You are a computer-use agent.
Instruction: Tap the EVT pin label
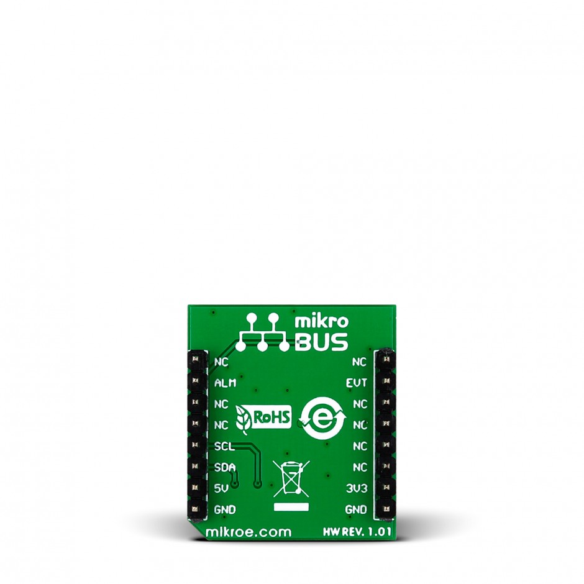(357, 383)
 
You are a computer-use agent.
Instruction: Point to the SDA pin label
(223, 467)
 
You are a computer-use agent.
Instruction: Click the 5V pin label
(220, 488)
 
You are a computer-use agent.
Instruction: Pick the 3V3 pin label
(357, 488)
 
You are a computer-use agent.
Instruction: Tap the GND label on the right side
(356, 509)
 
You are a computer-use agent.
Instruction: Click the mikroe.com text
(248, 532)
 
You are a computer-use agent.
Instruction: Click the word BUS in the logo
(321, 342)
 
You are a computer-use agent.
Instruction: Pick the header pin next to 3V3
(386, 488)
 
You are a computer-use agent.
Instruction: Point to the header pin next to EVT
(386, 381)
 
